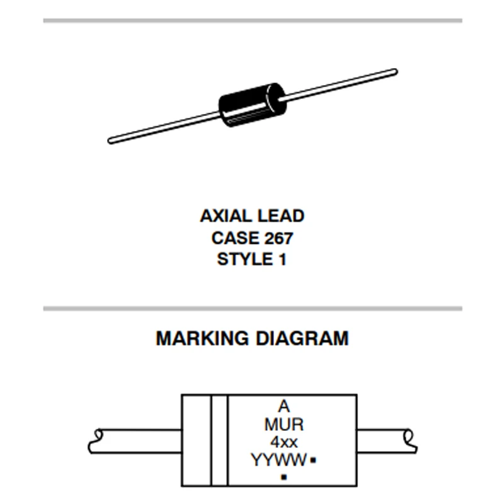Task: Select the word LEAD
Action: (280, 216)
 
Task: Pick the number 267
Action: (278, 238)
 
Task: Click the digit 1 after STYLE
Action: (282, 259)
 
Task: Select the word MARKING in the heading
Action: (202, 338)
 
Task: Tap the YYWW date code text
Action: (278, 461)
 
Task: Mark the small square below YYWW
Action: (283, 477)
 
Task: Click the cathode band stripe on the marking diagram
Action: (219, 440)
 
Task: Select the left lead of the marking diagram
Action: (135, 440)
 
